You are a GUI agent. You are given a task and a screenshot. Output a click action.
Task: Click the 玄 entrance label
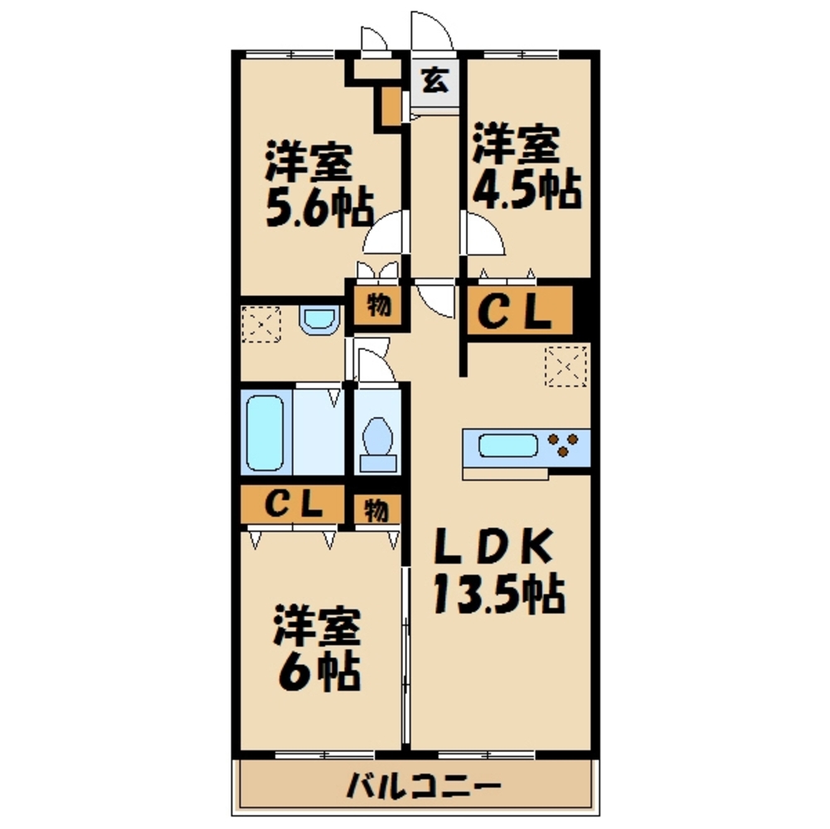pos(435,81)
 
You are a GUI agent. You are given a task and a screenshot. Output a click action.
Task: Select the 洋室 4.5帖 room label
pos(527,166)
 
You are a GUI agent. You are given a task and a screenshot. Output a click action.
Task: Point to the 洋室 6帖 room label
pos(317,649)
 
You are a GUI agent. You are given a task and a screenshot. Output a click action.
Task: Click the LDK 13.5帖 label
pos(499,571)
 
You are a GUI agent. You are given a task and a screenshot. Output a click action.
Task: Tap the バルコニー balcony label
pos(424,787)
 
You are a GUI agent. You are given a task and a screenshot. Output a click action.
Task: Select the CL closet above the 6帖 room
pos(294,505)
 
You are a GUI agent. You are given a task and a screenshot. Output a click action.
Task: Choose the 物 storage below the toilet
pos(376,511)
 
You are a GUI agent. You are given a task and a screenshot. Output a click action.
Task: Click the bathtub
pos(265,433)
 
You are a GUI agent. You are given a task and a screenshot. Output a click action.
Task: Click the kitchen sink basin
pos(508,446)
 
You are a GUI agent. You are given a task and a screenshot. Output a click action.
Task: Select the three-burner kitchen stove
pos(564,444)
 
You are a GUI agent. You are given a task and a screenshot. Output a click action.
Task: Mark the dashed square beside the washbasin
pos(261,323)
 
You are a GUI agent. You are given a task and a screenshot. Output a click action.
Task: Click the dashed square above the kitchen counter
pos(565,366)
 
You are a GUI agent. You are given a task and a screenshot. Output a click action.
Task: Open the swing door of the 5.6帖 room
pos(385,231)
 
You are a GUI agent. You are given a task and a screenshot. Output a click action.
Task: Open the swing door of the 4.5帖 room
pos(483,233)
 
